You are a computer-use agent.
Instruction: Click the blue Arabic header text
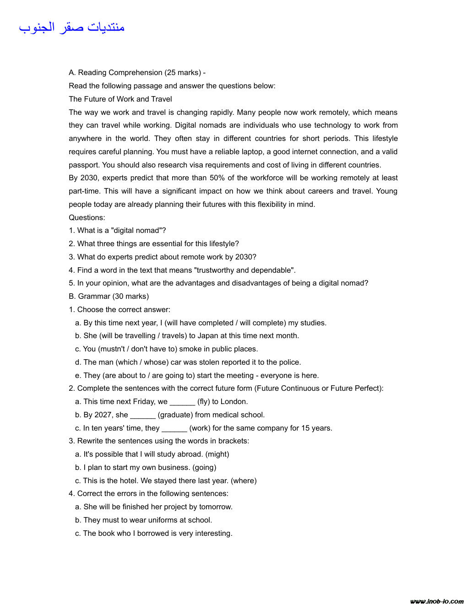(72, 27)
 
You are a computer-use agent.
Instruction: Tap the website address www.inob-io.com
(437, 601)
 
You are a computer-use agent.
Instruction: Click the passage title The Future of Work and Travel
(120, 99)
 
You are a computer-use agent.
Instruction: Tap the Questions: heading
(87, 217)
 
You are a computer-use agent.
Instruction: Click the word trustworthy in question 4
(214, 270)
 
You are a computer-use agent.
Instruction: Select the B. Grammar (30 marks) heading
(109, 296)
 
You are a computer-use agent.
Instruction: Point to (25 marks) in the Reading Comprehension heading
(183, 72)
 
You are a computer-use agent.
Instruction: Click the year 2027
(103, 415)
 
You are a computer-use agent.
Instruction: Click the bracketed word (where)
(244, 480)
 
